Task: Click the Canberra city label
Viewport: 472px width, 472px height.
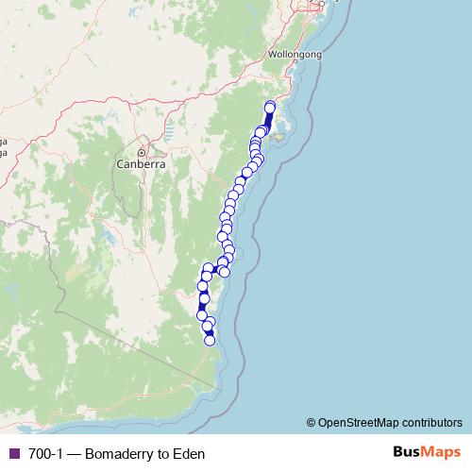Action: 142,163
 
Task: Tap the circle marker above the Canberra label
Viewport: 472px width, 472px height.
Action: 142,151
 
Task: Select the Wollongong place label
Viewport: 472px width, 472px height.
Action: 295,55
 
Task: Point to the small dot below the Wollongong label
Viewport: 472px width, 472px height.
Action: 295,64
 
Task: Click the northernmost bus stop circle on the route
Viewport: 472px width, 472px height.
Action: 270,107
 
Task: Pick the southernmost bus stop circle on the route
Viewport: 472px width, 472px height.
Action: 210,340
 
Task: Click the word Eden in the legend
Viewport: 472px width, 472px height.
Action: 188,453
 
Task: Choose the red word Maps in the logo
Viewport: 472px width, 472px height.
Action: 439,452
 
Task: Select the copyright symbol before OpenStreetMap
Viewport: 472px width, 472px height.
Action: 312,422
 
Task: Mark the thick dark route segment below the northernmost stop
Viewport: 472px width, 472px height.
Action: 268,120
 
